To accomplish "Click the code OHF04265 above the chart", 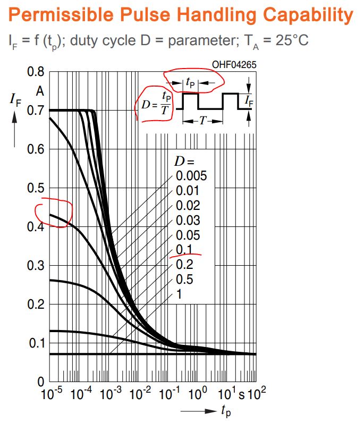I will [234, 65].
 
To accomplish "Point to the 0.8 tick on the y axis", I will [35, 72].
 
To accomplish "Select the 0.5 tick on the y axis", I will [35, 188].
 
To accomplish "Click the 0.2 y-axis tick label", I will [35, 304].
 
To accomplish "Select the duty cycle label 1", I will [179, 293].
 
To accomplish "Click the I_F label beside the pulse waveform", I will [248, 99].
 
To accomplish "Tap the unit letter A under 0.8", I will [39, 91].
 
